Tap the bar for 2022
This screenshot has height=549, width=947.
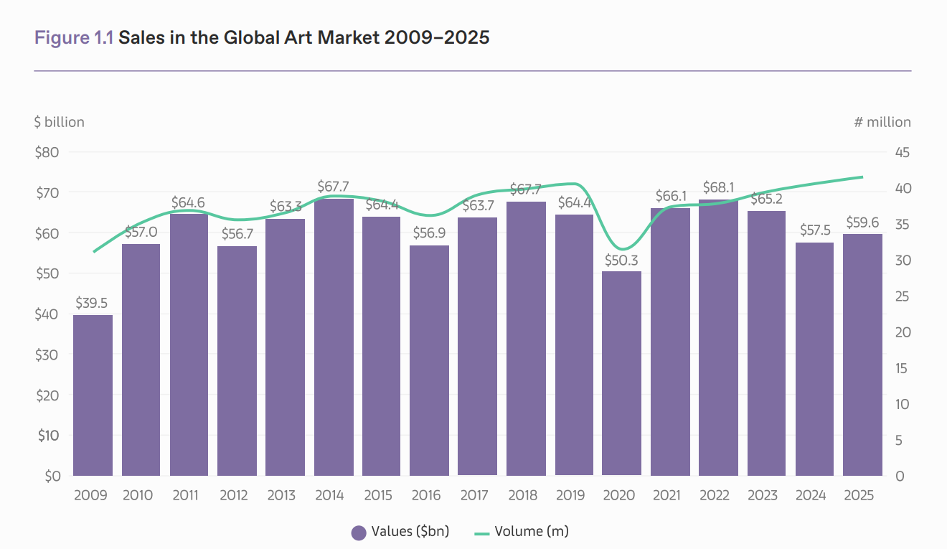click(x=718, y=337)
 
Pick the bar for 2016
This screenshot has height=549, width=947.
click(x=429, y=360)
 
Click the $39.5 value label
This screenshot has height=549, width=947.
click(x=93, y=304)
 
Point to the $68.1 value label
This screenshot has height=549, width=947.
click(x=718, y=188)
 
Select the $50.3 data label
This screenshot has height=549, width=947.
click(x=621, y=260)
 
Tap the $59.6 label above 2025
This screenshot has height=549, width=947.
click(x=862, y=222)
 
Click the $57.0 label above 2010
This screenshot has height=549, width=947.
click(x=141, y=233)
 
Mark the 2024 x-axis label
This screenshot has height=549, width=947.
click(x=811, y=496)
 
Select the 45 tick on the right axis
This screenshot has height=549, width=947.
click(x=903, y=152)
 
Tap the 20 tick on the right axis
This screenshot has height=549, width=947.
click(x=903, y=332)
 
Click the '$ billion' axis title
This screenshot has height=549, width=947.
click(x=59, y=122)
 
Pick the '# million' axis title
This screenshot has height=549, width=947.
click(x=882, y=122)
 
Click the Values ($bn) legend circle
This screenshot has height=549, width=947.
click(x=359, y=532)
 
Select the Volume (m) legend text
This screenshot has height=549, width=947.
click(x=532, y=532)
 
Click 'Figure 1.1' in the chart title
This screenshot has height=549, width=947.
click(x=74, y=37)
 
